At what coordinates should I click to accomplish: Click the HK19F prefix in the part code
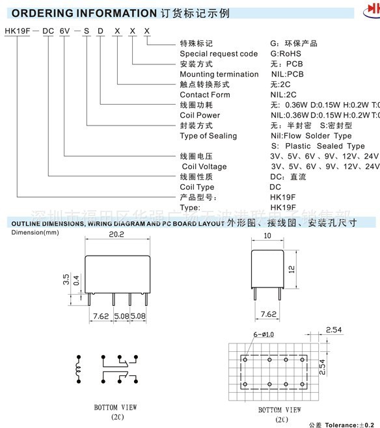pyautogui.click(x=16, y=31)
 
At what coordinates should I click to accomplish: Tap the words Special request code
pyautogui.click(x=219, y=53)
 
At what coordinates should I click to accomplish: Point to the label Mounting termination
pyautogui.click(x=219, y=74)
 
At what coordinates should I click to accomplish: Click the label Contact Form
pyautogui.click(x=205, y=94)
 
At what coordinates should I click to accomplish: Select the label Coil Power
pyautogui.click(x=200, y=115)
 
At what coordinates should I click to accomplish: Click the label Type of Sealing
pyautogui.click(x=208, y=136)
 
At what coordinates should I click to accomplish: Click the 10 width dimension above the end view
pyautogui.click(x=269, y=237)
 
